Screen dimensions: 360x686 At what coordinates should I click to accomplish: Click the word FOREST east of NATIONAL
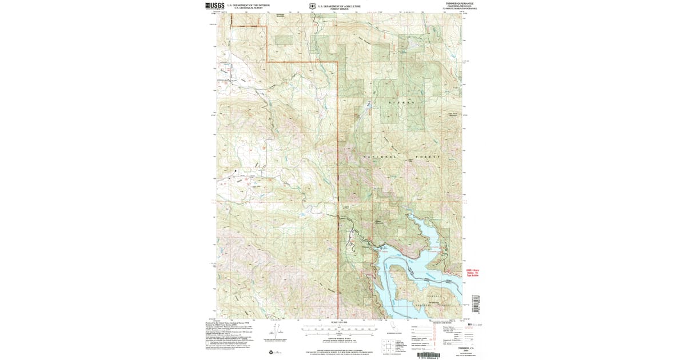(x=433, y=157)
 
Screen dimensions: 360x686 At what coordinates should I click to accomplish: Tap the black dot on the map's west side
(x=234, y=170)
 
